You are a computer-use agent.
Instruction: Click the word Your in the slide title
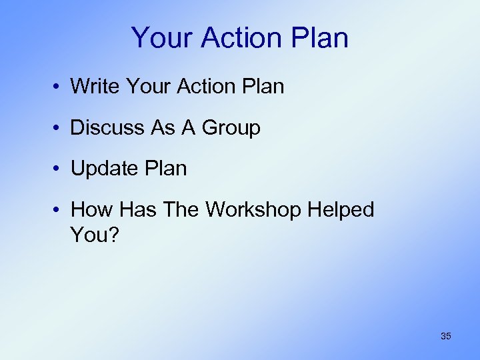pyautogui.click(x=160, y=38)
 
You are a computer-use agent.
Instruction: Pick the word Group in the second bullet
pyautogui.click(x=231, y=127)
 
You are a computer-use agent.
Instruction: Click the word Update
pyautogui.click(x=103, y=169)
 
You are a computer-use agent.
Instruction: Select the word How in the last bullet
pyautogui.click(x=93, y=210)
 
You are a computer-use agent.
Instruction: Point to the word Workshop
pyautogui.click(x=254, y=210)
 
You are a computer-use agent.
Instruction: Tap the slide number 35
pyautogui.click(x=445, y=336)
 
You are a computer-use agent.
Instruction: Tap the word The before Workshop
pyautogui.click(x=183, y=210)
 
